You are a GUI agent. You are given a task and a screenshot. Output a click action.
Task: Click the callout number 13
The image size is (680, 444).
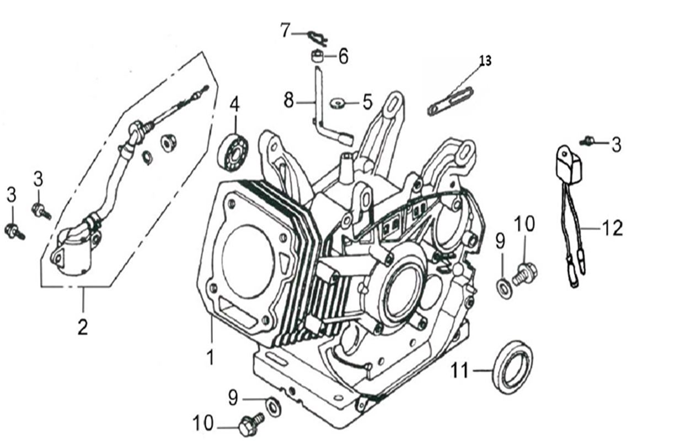pos(485,61)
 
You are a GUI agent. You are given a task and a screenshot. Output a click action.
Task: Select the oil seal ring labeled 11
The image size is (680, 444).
pos(512,367)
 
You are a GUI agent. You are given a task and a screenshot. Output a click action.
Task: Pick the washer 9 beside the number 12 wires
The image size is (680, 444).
pos(504,287)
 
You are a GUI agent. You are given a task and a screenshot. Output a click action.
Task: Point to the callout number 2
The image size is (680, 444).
pos(82,327)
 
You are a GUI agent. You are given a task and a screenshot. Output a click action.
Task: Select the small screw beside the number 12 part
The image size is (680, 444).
pos(587,142)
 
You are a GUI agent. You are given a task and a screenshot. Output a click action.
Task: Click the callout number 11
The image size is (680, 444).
pos(460,371)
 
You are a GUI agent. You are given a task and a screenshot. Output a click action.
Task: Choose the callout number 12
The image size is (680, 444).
pos(612,228)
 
